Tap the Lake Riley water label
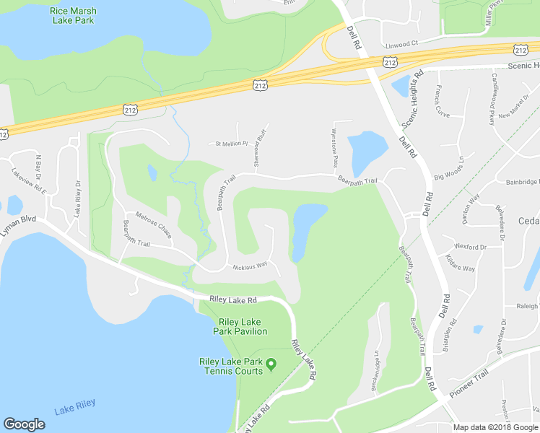pyautogui.click(x=74, y=411)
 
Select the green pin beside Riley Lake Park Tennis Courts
pyautogui.click(x=271, y=363)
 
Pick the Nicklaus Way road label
pyautogui.click(x=250, y=267)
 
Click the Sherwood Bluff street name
pyautogui.click(x=261, y=147)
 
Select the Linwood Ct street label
pyautogui.click(x=401, y=43)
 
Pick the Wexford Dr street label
pyautogui.click(x=471, y=247)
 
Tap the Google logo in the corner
pyautogui.click(x=24, y=424)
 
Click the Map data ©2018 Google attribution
pyautogui.click(x=495, y=427)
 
